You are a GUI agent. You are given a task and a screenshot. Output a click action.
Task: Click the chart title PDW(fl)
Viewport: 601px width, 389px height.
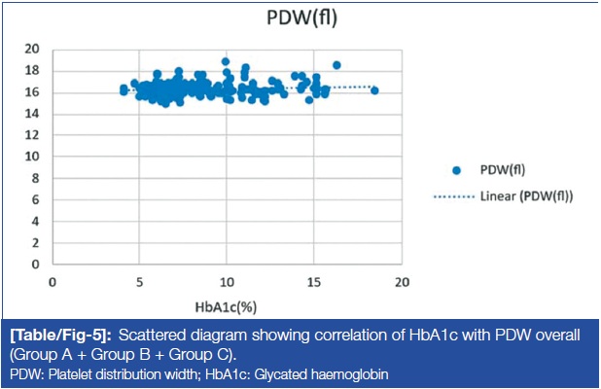point(302,18)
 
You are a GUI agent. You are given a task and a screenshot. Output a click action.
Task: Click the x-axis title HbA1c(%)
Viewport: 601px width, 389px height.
point(226,307)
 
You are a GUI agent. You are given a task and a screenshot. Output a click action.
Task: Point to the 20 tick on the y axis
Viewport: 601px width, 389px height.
point(32,49)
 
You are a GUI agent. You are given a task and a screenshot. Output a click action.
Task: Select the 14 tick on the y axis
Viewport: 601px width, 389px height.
point(32,114)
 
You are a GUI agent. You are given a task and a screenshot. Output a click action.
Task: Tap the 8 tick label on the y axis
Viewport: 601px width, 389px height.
point(35,178)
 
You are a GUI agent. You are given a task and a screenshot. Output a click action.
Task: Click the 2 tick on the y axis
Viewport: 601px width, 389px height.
point(35,242)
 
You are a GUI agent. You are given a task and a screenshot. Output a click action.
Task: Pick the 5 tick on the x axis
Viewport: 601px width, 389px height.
point(139,282)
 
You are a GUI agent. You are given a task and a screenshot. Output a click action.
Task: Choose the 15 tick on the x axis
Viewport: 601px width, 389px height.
point(314,282)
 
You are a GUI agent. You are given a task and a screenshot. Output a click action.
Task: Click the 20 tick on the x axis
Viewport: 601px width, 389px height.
point(402,282)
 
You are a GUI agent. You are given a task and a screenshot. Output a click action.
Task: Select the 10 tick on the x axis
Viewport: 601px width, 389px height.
point(227,282)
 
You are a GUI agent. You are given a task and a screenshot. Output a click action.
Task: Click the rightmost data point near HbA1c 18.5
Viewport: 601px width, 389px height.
point(374,90)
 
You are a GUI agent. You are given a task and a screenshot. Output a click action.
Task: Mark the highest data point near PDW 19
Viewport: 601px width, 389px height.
point(226,61)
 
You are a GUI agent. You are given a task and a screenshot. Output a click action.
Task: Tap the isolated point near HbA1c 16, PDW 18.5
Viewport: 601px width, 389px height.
point(336,65)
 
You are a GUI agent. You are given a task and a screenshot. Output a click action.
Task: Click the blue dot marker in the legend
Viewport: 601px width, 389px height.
point(456,170)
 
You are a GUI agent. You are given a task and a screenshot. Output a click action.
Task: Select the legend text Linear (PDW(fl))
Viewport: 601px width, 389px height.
point(527,196)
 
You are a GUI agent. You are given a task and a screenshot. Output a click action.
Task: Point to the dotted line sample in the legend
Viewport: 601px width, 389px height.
point(454,197)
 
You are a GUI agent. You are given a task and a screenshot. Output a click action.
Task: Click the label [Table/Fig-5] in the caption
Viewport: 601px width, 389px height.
point(60,336)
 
